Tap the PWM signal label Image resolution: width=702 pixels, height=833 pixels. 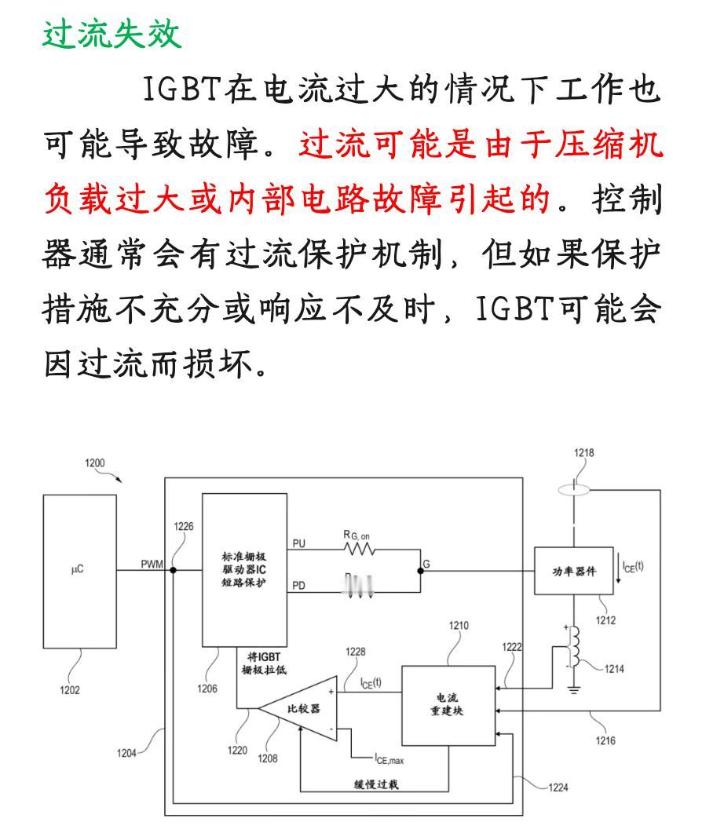[152, 563]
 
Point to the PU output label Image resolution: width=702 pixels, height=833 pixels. [299, 543]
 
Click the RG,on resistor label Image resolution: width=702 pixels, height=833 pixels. [358, 535]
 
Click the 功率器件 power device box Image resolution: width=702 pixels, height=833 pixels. [575, 571]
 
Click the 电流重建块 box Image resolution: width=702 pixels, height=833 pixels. [448, 704]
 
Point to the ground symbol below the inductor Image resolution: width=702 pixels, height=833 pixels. [576, 691]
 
